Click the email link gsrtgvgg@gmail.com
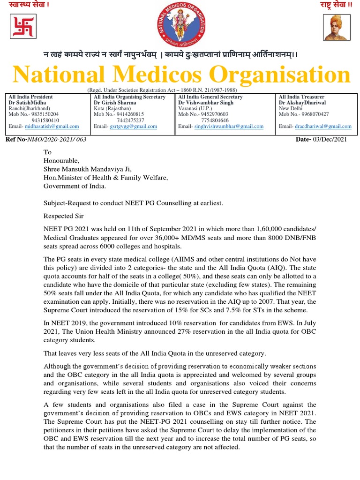[x=133, y=127]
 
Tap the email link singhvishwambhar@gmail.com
[x=229, y=127]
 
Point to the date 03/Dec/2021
[x=330, y=140]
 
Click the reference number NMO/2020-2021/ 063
[x=57, y=140]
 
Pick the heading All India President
[x=31, y=97]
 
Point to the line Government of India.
[x=75, y=186]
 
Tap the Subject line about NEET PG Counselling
[x=134, y=203]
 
